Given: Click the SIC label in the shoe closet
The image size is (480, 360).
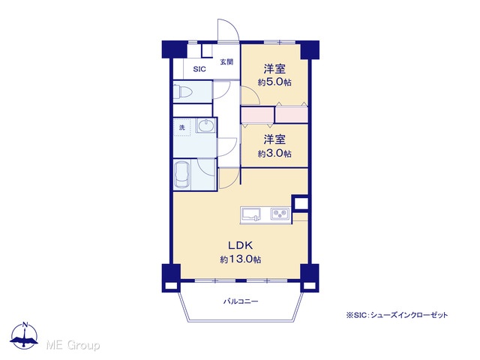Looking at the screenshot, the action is (199, 69).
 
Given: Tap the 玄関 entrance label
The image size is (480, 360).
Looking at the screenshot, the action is (226, 61).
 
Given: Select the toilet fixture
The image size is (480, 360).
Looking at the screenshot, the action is (182, 91).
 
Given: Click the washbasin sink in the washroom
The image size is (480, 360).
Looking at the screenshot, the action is (205, 125).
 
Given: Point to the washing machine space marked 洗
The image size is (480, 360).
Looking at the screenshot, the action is (182, 127).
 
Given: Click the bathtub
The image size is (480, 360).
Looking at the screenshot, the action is (182, 175).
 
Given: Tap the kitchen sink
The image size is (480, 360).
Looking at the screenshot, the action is (251, 214).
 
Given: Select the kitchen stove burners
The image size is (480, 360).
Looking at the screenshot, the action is (280, 214).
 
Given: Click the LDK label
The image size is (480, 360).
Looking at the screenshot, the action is (240, 245).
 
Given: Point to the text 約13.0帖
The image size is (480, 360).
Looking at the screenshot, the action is (241, 259).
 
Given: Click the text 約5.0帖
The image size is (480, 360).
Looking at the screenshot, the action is (274, 82).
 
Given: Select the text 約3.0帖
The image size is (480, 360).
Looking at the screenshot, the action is (274, 153).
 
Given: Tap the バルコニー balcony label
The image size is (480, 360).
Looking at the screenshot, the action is (241, 301).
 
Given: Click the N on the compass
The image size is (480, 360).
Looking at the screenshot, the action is (25, 325).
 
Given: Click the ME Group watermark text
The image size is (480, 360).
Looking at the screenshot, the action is (73, 345).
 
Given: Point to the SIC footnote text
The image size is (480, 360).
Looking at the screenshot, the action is (397, 315).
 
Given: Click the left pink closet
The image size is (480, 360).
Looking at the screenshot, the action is (257, 115).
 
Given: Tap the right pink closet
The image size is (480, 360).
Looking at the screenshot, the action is (292, 115).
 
